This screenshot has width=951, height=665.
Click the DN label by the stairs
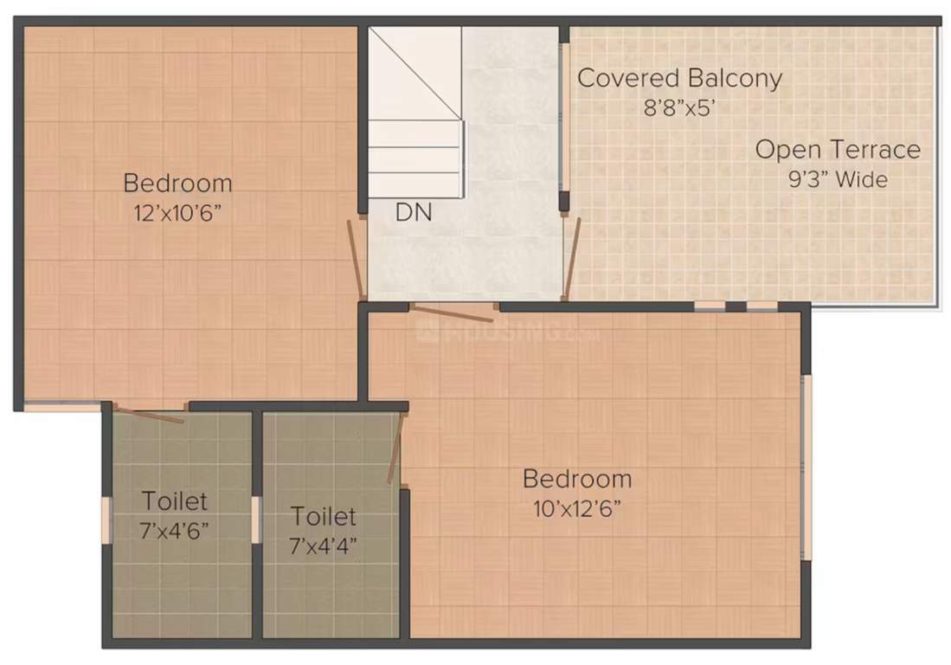(x=414, y=211)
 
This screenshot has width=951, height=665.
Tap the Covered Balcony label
(x=679, y=79)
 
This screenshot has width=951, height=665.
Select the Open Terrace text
(x=837, y=150)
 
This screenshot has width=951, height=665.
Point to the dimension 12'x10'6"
(x=178, y=213)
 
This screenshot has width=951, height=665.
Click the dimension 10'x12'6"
(x=577, y=507)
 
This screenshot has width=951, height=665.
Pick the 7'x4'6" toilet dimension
(x=175, y=530)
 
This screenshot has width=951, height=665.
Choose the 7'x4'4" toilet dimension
(x=324, y=546)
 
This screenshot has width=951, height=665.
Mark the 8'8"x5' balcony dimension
(x=679, y=108)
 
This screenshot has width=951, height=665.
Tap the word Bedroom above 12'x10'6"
(x=178, y=184)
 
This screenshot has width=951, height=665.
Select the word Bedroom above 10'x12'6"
(x=577, y=479)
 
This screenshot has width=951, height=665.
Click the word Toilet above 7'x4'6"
(x=175, y=501)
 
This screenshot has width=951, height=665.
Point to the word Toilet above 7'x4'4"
(x=324, y=517)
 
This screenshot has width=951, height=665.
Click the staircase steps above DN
(x=414, y=147)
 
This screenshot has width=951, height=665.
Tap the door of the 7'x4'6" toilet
(x=149, y=415)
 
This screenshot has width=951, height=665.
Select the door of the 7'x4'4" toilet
(x=395, y=449)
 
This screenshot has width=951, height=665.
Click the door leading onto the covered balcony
(x=571, y=257)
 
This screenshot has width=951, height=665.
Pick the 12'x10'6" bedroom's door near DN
(x=356, y=258)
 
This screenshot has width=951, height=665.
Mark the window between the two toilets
(x=256, y=520)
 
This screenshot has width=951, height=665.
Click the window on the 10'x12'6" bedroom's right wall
(x=806, y=468)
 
